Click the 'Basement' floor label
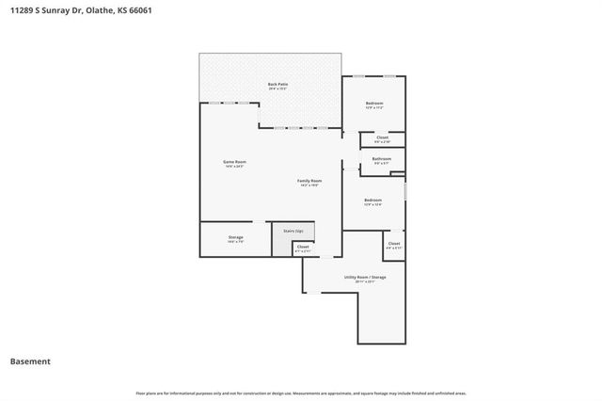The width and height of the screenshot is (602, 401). [30, 361]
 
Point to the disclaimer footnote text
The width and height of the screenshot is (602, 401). [301, 393]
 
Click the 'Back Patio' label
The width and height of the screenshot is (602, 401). [277, 85]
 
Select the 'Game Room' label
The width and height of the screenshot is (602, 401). [234, 162]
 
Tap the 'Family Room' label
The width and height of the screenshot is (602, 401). [309, 180]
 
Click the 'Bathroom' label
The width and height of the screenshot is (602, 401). [381, 159]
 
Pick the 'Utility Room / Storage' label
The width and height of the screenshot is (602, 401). [365, 277]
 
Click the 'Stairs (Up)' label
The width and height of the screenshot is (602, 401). [293, 231]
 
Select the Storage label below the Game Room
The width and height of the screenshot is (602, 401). [235, 237]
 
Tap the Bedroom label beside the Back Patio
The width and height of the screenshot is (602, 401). [373, 103]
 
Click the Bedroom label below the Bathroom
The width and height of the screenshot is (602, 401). [372, 200]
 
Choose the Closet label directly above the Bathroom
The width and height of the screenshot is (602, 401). [382, 137]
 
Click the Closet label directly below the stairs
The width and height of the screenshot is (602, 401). [302, 247]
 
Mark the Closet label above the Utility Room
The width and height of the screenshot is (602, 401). [393, 244]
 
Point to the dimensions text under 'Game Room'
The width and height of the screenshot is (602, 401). [234, 167]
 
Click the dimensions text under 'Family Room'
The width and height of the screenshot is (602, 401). [309, 184]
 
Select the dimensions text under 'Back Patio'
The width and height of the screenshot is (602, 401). [277, 89]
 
